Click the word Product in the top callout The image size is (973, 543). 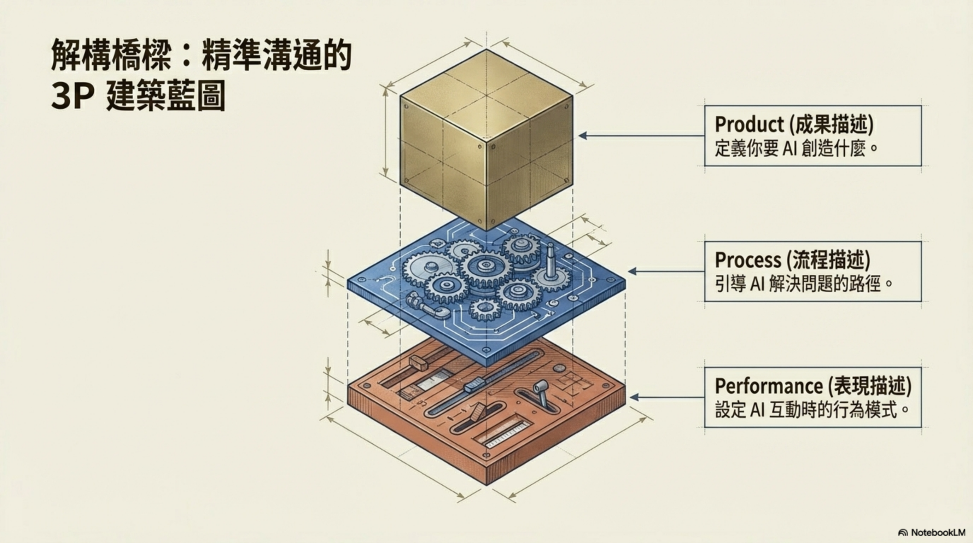(749, 124)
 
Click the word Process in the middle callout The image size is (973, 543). (748, 260)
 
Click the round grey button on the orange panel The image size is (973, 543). (558, 368)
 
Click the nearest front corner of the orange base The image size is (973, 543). (486, 484)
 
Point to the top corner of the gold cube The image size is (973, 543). (486, 49)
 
